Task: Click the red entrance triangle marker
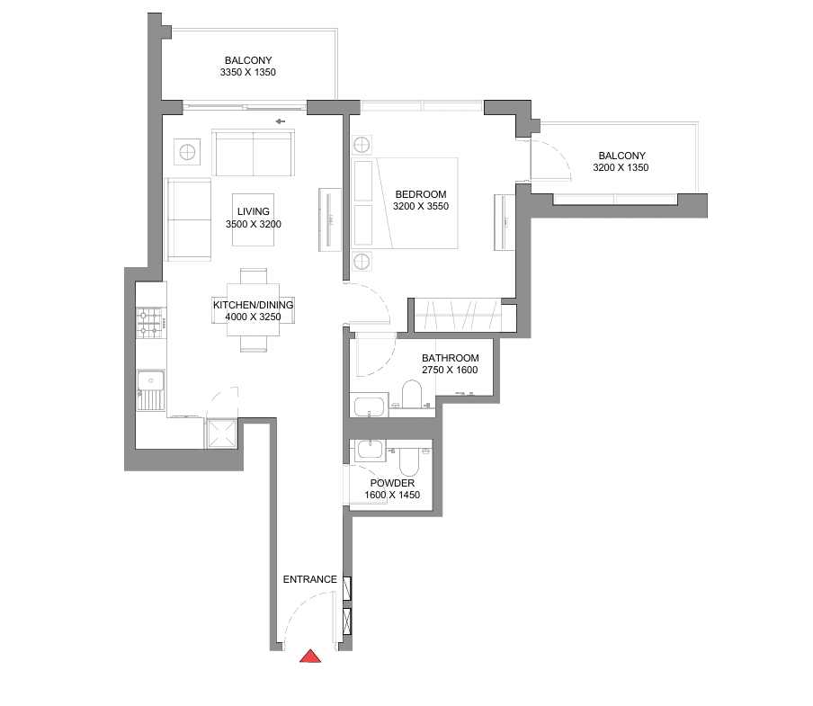tap(310, 657)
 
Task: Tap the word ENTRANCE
tap(310, 579)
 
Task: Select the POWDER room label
tap(392, 483)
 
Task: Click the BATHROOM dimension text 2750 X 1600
tap(450, 371)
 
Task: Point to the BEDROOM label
tap(421, 194)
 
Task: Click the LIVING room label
tap(254, 211)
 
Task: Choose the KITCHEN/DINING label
tap(253, 305)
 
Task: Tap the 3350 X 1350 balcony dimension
tap(248, 73)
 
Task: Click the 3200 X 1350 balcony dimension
tap(621, 167)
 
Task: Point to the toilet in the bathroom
tap(413, 393)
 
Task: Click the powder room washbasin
tap(369, 449)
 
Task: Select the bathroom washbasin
tap(369, 405)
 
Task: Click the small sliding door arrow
tap(280, 121)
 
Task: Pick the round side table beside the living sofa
tap(187, 152)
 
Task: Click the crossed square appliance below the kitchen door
tap(222, 433)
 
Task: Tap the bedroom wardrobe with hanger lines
tap(458, 315)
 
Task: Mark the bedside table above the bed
tap(362, 145)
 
